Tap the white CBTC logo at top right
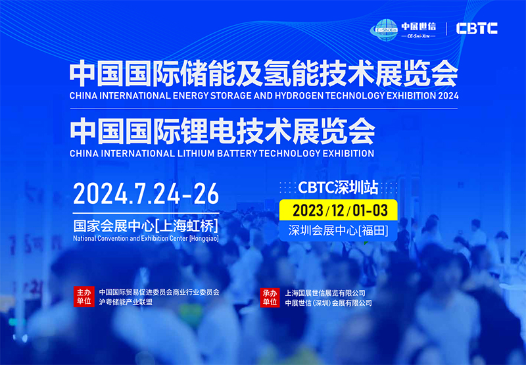point(477,28)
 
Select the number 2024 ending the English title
point(448,95)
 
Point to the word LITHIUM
point(196,153)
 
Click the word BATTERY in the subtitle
point(237,153)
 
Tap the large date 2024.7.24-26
point(146,194)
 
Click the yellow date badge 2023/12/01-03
point(339,210)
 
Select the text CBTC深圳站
point(338,187)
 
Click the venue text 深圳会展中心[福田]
point(339,230)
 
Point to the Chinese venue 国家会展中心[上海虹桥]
point(145,226)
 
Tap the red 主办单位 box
point(84,297)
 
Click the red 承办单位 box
point(270,297)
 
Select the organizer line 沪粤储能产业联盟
point(126,302)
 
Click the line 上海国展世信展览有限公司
point(325,293)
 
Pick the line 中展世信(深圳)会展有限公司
point(328,303)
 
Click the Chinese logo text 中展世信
point(418,26)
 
